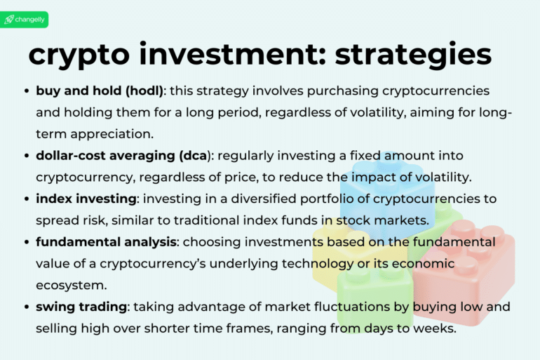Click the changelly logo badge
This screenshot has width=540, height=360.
tap(25, 20)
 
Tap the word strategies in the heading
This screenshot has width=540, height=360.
tap(413, 55)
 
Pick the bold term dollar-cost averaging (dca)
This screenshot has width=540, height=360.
tap(116, 155)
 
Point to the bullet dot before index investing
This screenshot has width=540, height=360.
tap(27, 199)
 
